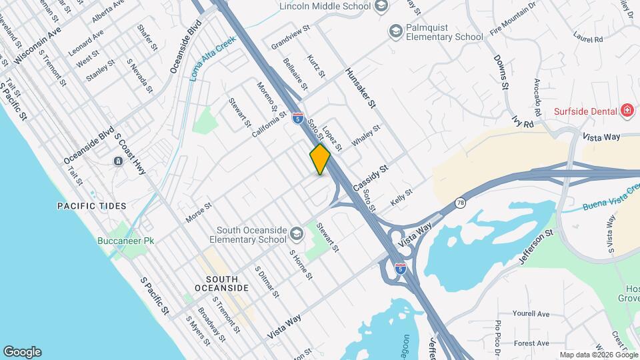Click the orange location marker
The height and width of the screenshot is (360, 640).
pos(320,159)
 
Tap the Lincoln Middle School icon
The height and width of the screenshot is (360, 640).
pos(381,7)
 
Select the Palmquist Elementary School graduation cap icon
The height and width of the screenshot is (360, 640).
pos(395,31)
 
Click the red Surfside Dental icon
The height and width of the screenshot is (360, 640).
pos(626,110)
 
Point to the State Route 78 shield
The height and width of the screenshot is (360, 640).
pos(460,202)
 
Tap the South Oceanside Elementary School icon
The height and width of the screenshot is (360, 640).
pos(295,233)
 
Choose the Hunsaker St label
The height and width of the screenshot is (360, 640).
pos(361,87)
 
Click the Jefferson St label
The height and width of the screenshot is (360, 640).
pos(539,247)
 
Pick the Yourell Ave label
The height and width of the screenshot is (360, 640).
pos(531,313)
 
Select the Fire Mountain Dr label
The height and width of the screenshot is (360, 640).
pos(513,19)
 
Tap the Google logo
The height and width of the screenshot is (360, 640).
pos(22,351)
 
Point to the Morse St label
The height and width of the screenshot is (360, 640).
pos(198,213)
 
